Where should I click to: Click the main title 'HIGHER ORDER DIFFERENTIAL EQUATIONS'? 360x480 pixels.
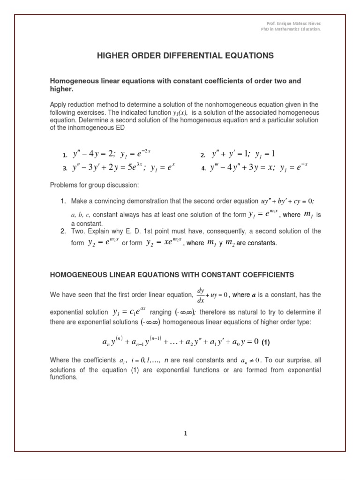(x=185, y=55)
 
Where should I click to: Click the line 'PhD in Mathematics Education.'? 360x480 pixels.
(x=291, y=29)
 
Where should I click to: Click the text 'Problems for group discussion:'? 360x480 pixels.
(x=94, y=185)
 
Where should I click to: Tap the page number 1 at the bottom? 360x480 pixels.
(x=186, y=434)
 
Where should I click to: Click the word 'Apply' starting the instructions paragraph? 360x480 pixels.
(x=59, y=105)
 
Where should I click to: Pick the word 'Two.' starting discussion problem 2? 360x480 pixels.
(x=79, y=232)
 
